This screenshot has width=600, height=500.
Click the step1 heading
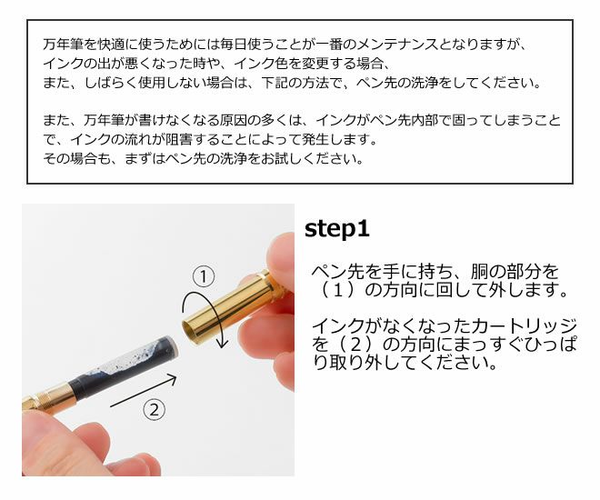336,229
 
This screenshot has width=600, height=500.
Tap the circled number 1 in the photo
204,276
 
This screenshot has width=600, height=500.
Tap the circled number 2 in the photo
154,410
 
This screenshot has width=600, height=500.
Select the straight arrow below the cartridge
144,391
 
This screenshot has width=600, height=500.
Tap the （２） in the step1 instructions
355,345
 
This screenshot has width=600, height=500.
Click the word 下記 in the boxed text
275,83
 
